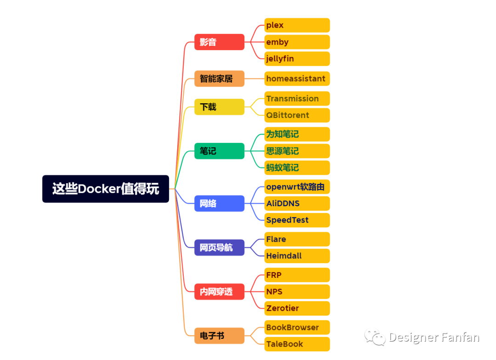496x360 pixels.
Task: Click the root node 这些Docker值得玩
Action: point(106,189)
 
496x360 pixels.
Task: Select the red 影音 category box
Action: point(219,42)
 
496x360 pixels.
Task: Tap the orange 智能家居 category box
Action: point(219,79)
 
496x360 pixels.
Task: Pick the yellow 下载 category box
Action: point(219,107)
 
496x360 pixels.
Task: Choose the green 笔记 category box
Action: point(219,151)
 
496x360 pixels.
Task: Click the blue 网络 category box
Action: point(219,203)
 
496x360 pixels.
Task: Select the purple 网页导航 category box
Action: point(219,247)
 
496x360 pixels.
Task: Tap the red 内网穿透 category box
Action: point(219,292)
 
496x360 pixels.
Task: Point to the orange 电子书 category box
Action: point(219,336)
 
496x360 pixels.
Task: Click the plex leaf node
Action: point(297,25)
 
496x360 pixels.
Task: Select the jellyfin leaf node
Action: point(297,59)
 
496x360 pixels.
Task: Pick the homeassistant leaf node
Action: point(297,79)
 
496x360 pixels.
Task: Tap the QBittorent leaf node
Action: point(297,115)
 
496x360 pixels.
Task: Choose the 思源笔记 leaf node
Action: point(297,151)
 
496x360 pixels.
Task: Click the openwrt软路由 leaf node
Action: point(297,187)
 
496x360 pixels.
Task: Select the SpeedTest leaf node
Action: point(297,220)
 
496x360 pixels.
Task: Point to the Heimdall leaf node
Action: point(297,256)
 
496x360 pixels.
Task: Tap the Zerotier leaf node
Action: point(297,308)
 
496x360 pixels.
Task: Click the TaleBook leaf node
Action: point(297,344)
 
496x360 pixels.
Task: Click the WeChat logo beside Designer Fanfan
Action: point(375,338)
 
